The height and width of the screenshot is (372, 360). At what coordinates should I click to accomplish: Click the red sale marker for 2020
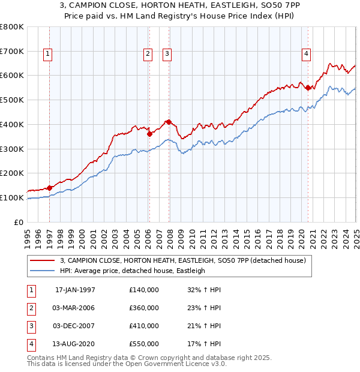pos(308,88)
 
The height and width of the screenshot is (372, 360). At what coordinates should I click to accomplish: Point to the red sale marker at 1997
pos(50,188)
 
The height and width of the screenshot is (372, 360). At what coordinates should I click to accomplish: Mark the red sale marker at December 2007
pos(169,122)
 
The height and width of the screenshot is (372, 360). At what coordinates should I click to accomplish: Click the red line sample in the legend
pos(43,261)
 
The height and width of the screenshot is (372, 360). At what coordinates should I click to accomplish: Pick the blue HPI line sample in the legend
pos(43,271)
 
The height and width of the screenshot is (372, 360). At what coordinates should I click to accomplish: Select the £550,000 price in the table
pos(144,344)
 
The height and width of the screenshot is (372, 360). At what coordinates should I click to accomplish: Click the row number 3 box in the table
pos(31,326)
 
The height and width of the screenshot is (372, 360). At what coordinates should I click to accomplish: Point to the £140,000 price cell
pos(144,290)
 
